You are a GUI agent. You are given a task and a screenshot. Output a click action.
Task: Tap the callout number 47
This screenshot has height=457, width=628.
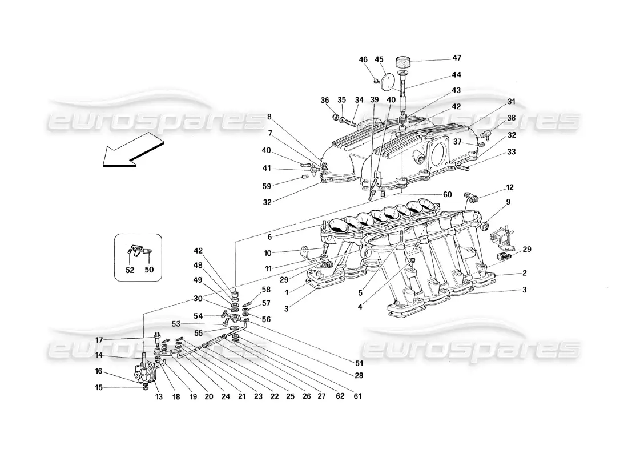(457, 58)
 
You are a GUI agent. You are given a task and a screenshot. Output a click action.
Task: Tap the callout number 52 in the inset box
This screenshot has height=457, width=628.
(130, 270)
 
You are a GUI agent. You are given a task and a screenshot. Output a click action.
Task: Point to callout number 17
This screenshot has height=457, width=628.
(99, 340)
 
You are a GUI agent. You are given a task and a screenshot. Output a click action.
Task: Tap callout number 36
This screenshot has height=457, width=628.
(325, 101)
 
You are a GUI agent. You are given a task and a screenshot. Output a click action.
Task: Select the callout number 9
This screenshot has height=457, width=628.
(508, 202)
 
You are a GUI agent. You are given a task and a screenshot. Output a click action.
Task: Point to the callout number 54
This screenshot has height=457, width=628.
(198, 316)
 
